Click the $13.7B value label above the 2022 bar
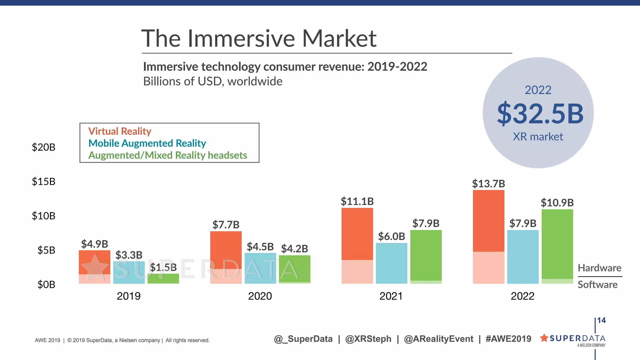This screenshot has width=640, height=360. point(488,184)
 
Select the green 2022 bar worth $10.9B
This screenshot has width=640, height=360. point(557,245)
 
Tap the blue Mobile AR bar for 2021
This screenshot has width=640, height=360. point(391,263)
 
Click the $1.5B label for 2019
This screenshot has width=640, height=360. point(163,267)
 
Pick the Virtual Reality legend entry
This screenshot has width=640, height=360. point(120,131)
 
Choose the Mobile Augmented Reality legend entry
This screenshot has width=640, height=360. point(147,143)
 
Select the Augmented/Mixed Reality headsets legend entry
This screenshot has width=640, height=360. point(167,155)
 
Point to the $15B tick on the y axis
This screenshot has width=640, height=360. point(43,182)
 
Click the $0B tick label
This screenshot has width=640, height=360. point(46,285)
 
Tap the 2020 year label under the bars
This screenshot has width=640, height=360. point(260,296)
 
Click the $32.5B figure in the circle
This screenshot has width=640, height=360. point(540,114)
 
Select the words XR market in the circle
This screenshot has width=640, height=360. point(538,137)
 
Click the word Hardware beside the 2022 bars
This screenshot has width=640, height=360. point(599,268)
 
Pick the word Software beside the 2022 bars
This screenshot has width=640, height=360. point(597,285)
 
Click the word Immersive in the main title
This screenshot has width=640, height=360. point(241,38)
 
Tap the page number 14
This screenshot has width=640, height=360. point(602,320)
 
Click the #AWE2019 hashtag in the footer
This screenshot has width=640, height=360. point(508,339)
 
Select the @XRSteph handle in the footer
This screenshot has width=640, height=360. point(368,339)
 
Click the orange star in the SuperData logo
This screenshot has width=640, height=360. point(544,338)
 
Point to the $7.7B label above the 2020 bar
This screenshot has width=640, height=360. point(226,225)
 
